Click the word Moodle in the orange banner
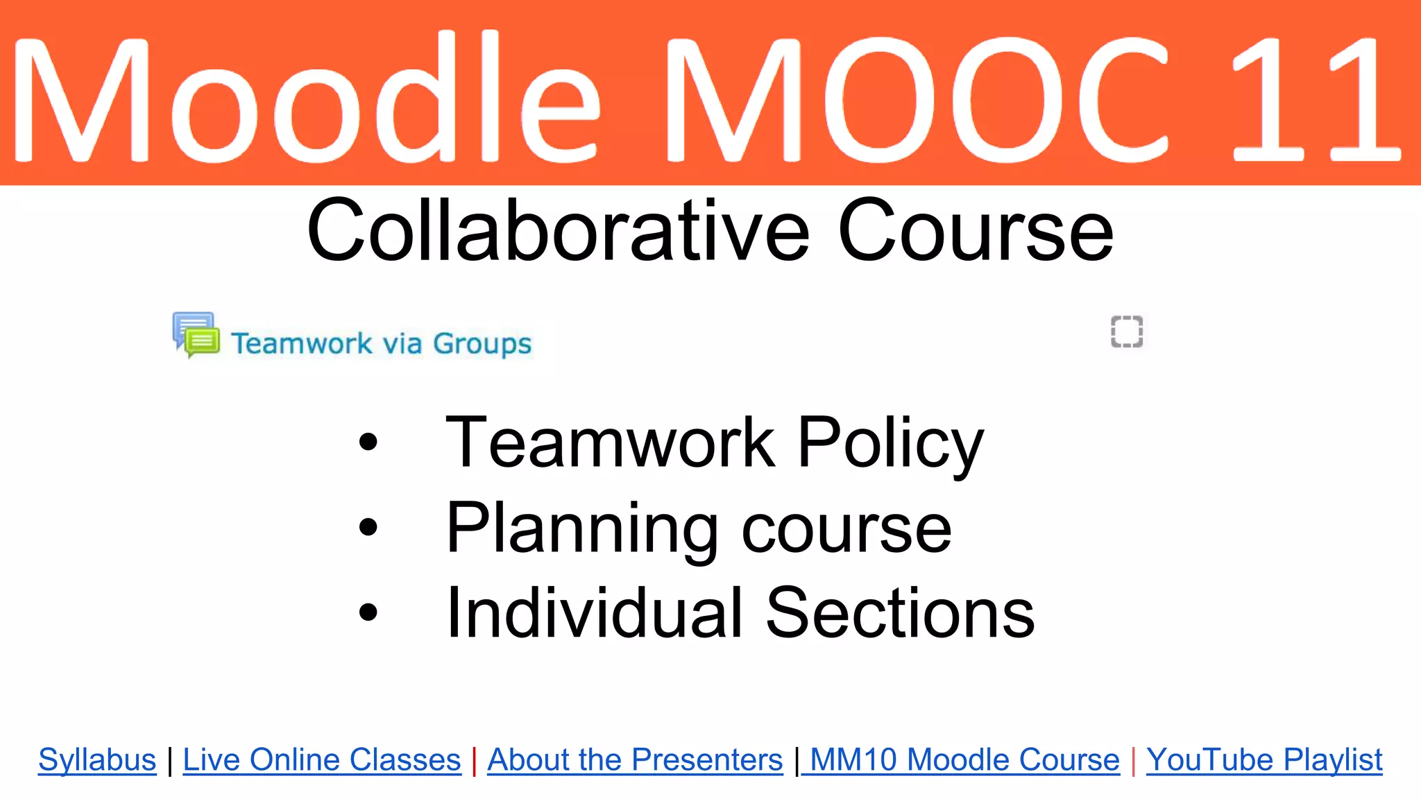305,101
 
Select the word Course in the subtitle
975,231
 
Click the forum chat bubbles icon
196,334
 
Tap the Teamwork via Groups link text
381,343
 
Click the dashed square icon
1126,332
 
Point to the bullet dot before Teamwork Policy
368,442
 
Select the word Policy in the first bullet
890,444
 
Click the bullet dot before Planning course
368,527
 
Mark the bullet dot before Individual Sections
368,612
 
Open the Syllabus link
97,759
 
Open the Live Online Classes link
322,759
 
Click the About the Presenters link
635,759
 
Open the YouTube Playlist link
1264,759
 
